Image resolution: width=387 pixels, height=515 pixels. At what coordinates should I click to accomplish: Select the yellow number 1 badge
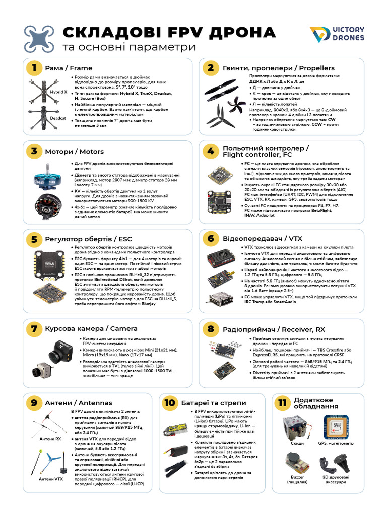34,68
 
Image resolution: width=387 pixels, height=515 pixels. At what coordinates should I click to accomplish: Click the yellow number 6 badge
211,238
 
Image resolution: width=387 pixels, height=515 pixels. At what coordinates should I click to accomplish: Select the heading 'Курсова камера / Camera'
91,329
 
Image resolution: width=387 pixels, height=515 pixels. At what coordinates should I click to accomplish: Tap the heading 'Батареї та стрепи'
214,403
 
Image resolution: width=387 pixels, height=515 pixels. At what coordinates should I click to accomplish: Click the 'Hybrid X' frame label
58,92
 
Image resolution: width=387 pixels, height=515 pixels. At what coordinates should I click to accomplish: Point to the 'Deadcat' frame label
58,118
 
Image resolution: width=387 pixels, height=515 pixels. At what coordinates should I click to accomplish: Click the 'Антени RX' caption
50,439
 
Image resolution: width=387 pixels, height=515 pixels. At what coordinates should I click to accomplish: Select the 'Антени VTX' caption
51,479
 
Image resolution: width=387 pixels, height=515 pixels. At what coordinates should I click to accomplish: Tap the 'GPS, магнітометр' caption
336,443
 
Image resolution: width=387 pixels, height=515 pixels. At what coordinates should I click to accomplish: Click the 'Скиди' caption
297,443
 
